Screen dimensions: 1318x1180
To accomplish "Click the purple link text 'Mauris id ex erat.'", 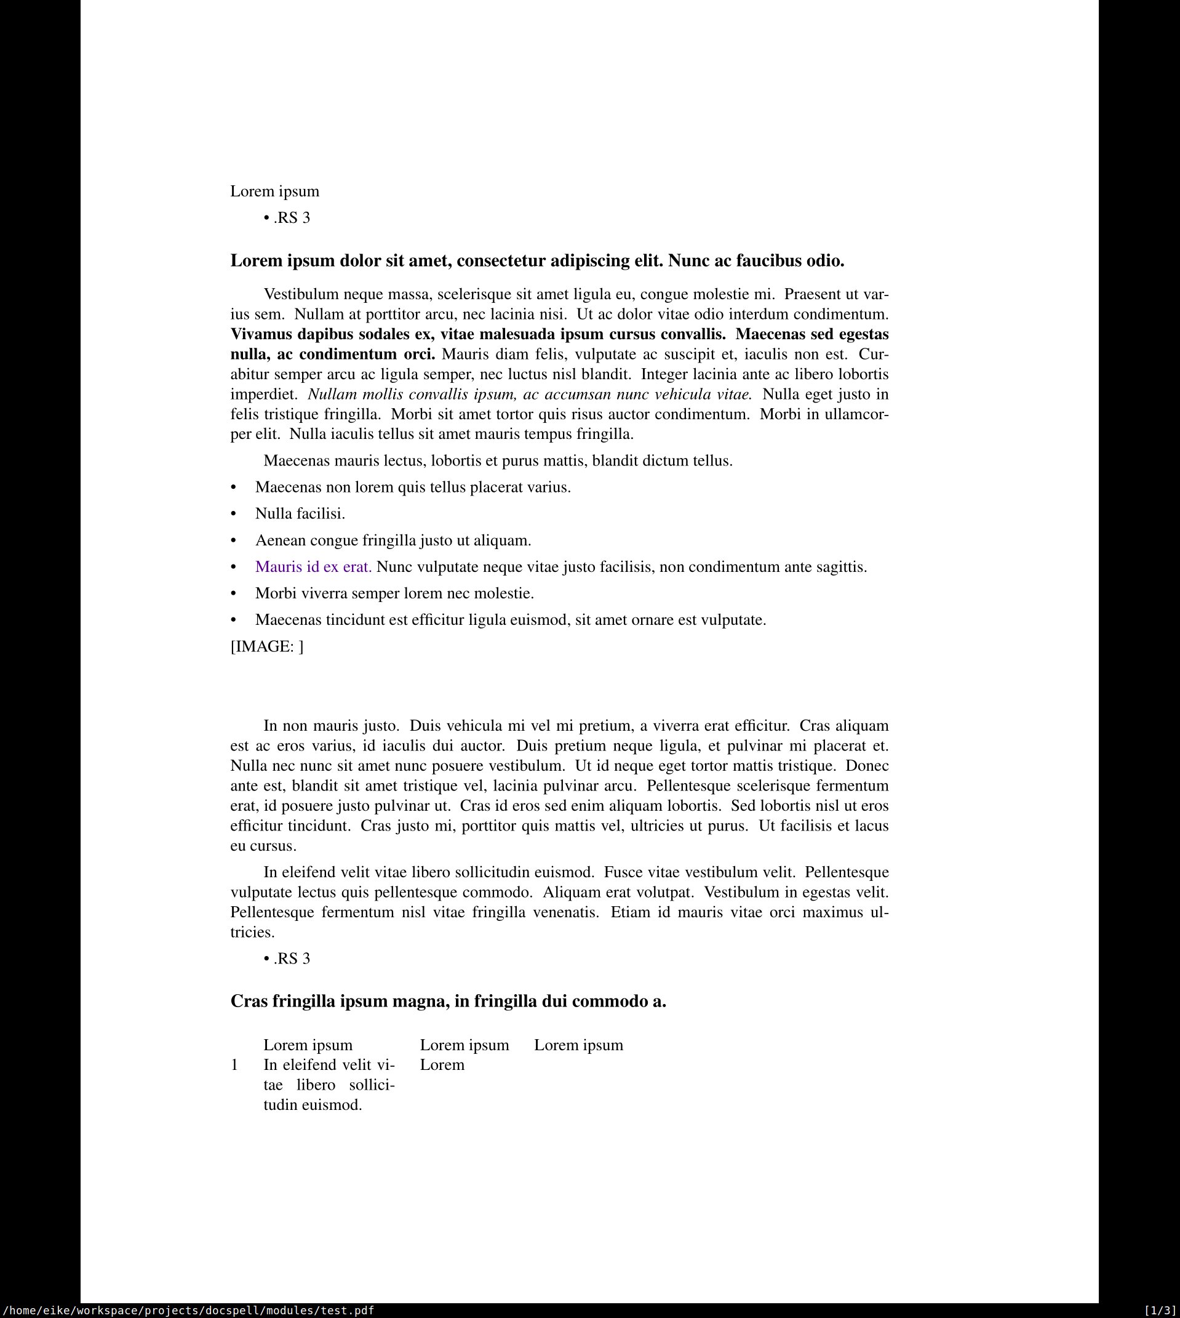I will pyautogui.click(x=313, y=567).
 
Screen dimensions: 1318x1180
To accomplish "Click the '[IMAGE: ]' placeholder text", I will pyautogui.click(x=266, y=646).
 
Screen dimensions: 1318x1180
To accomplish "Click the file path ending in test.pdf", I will pyautogui.click(x=188, y=1310).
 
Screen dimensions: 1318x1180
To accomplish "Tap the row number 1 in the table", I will pyautogui.click(x=234, y=1065).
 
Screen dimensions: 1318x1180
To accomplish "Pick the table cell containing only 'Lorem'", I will pyautogui.click(x=442, y=1065).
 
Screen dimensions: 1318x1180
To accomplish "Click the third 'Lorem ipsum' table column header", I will pyautogui.click(x=578, y=1045).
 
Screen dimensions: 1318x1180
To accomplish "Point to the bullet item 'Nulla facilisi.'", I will pyautogui.click(x=300, y=513).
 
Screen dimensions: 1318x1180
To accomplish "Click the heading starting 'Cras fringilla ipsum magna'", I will pyautogui.click(x=448, y=1002).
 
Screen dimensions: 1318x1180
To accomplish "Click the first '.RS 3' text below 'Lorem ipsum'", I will pyautogui.click(x=292, y=218).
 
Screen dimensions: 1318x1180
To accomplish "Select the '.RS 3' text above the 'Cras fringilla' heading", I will pyautogui.click(x=292, y=958).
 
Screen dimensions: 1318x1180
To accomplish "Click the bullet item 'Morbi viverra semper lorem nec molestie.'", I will pyautogui.click(x=394, y=593).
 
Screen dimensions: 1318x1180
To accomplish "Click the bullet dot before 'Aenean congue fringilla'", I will pyautogui.click(x=234, y=541).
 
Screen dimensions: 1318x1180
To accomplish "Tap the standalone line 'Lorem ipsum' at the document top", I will pyautogui.click(x=275, y=191).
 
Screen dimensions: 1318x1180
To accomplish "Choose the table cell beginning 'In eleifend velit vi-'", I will pyautogui.click(x=329, y=1085).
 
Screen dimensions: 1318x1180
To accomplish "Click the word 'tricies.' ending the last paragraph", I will pyautogui.click(x=252, y=933).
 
